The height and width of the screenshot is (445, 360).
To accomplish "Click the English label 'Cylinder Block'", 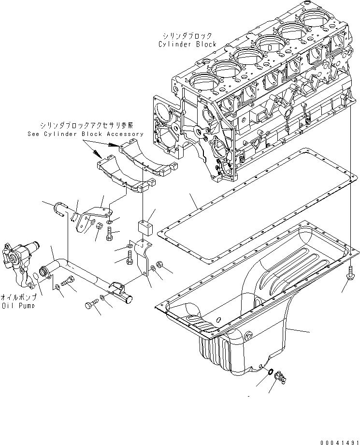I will click(187, 44).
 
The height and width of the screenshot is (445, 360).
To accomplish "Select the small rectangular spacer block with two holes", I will click(144, 228).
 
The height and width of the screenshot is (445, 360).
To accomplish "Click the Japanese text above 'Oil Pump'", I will click(20, 297).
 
